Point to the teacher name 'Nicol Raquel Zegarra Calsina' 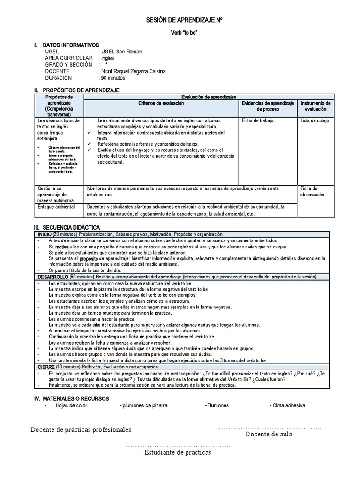click(x=133, y=71)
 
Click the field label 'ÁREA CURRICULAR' click(x=69, y=58)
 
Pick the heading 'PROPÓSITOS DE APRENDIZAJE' click(x=81, y=90)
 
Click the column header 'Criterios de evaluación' click(x=161, y=103)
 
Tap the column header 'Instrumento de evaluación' click(x=315, y=105)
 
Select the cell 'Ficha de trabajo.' click(x=259, y=120)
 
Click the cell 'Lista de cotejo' click(x=315, y=120)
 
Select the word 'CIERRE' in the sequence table click(x=46, y=367)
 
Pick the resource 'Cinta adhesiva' click(x=290, y=405)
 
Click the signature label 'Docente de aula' click(x=269, y=434)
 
